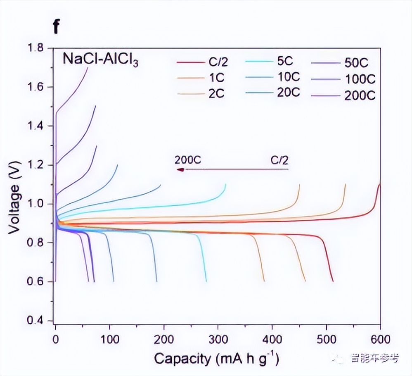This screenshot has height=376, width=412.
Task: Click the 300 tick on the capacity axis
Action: pyautogui.click(x=218, y=340)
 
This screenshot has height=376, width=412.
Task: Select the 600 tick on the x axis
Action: pyautogui.click(x=380, y=340)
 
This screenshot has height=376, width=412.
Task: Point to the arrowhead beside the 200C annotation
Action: pyautogui.click(x=180, y=169)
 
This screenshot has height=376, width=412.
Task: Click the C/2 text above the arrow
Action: pyautogui.click(x=279, y=160)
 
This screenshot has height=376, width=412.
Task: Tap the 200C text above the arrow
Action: pyautogui.click(x=188, y=160)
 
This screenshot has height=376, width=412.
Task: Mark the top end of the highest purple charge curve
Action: pyautogui.click(x=88, y=67)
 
